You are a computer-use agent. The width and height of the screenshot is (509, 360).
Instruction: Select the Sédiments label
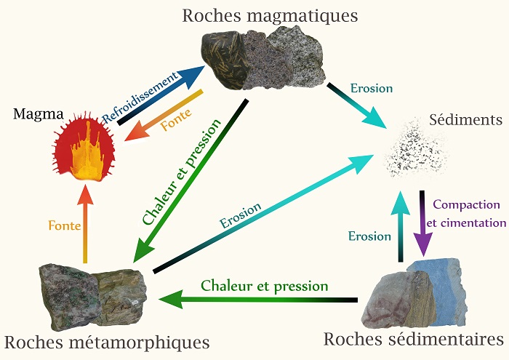[x=465, y=119]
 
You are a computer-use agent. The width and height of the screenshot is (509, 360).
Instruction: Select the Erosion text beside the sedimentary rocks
[x=369, y=236]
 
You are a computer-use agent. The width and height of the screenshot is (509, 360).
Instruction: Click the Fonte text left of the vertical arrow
[x=64, y=225]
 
